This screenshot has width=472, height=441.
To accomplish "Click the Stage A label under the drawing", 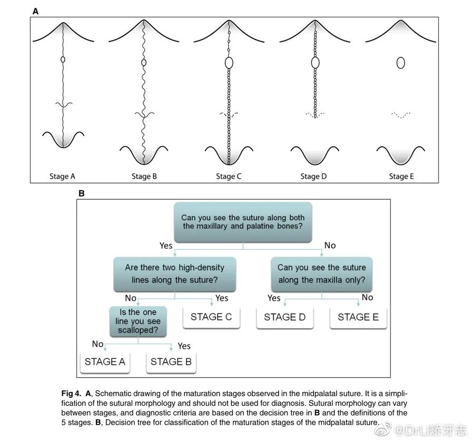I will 62,177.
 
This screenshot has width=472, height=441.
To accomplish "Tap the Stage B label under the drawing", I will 144,177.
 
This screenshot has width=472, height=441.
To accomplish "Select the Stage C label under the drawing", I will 229,177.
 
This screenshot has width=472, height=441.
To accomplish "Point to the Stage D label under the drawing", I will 313,177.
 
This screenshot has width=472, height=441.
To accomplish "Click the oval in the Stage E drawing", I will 400,63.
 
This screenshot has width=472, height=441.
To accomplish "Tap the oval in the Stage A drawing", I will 63,60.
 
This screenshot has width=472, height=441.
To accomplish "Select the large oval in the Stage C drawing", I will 229,63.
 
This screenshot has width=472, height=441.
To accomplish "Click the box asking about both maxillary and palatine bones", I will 243,222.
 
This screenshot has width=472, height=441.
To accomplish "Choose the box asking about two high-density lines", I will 174,274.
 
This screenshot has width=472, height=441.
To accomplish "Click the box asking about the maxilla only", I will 321,274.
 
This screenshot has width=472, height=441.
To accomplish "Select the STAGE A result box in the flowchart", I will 105,361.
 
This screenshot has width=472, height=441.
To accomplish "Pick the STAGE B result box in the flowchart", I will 171,361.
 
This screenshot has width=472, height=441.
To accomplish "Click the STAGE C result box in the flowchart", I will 211,317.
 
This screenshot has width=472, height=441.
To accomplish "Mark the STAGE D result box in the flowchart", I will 284,317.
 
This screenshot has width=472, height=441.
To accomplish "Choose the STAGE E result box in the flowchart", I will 358,317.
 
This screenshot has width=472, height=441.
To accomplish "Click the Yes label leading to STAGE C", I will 222,298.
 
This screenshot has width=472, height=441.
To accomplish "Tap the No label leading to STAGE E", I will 367,298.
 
